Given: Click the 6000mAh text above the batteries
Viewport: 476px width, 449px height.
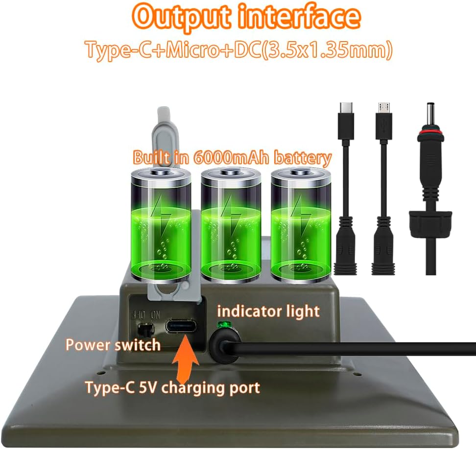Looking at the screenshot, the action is [231, 157].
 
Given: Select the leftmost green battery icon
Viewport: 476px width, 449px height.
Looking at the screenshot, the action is [161, 224].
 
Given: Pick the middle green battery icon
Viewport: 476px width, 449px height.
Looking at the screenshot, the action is [231, 224].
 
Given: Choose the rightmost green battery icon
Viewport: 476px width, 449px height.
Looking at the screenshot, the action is [301, 224].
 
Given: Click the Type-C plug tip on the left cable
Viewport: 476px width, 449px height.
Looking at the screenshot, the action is [346, 108].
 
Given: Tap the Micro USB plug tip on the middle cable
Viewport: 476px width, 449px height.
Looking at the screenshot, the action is [384, 108].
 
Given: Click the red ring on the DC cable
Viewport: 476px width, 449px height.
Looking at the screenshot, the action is [430, 133].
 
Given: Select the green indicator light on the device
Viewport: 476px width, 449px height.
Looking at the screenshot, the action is [223, 325].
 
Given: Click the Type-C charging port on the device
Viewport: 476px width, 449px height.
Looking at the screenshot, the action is [181, 327].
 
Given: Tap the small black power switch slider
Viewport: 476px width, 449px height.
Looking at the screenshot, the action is [145, 330].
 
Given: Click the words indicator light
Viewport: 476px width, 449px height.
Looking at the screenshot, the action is [268, 312].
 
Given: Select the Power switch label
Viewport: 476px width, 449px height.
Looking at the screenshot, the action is [113, 345].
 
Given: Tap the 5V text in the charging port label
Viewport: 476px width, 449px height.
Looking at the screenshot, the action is [148, 387].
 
